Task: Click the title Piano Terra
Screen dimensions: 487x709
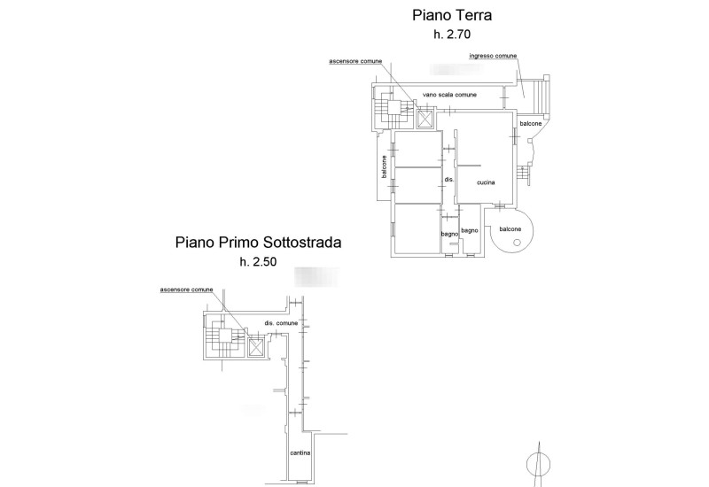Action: pos(452,15)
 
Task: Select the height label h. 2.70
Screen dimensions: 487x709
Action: pos(452,35)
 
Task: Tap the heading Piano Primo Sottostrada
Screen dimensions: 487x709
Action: pos(258,241)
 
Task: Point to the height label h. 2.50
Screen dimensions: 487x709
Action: pos(258,262)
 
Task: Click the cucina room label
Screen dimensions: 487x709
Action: pos(485,182)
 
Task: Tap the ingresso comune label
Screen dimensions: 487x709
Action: pos(493,56)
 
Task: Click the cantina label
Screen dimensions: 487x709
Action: pos(300,453)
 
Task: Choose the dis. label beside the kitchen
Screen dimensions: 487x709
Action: pos(448,180)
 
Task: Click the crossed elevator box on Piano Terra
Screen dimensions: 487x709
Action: pos(425,119)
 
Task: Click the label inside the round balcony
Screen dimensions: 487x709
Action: pos(510,229)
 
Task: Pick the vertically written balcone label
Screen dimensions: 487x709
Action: pos(384,167)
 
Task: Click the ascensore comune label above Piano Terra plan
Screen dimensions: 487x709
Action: pos(356,62)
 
